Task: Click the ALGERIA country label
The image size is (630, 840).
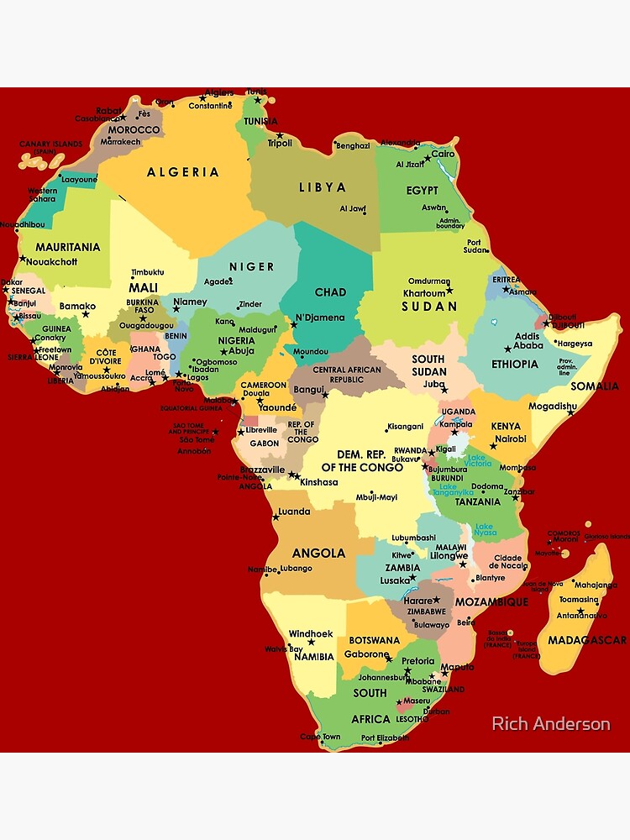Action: (183, 172)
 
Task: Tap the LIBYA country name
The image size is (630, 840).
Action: (322, 187)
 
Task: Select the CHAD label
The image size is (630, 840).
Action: (330, 292)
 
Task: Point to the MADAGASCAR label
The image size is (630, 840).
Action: (586, 640)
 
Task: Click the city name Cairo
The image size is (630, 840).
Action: (443, 155)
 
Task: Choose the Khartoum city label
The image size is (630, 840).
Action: (423, 293)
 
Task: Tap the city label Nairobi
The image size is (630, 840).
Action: (510, 438)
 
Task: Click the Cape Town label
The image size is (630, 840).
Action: (320, 738)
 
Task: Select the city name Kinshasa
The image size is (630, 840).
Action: (318, 482)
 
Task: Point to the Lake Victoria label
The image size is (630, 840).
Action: (480, 460)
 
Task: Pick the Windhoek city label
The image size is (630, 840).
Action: (311, 633)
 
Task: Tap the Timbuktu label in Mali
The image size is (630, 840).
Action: (148, 272)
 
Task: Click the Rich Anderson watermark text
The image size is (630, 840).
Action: (550, 723)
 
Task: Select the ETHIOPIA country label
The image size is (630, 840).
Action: (515, 365)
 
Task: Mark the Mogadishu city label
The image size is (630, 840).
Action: (552, 407)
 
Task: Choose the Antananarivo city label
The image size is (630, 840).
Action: (580, 615)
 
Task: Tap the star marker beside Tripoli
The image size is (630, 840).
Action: (280, 135)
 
